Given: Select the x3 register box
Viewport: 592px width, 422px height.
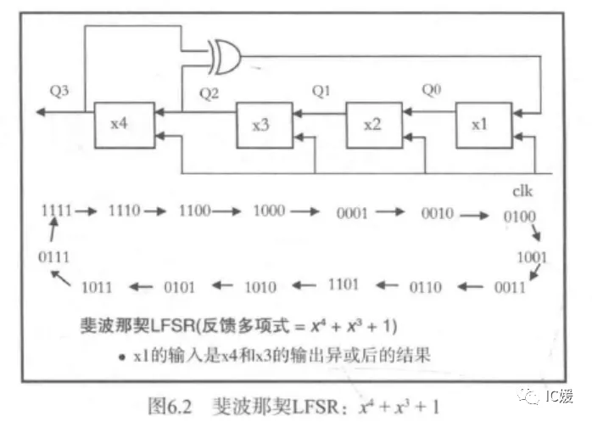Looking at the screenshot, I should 263,125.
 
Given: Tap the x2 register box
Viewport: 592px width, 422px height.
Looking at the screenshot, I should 372,125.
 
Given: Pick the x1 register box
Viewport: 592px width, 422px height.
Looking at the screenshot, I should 481,125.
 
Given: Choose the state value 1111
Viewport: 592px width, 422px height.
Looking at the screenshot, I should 56,209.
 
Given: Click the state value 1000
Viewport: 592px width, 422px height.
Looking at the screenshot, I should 269,211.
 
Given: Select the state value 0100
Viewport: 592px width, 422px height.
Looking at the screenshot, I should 519,217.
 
